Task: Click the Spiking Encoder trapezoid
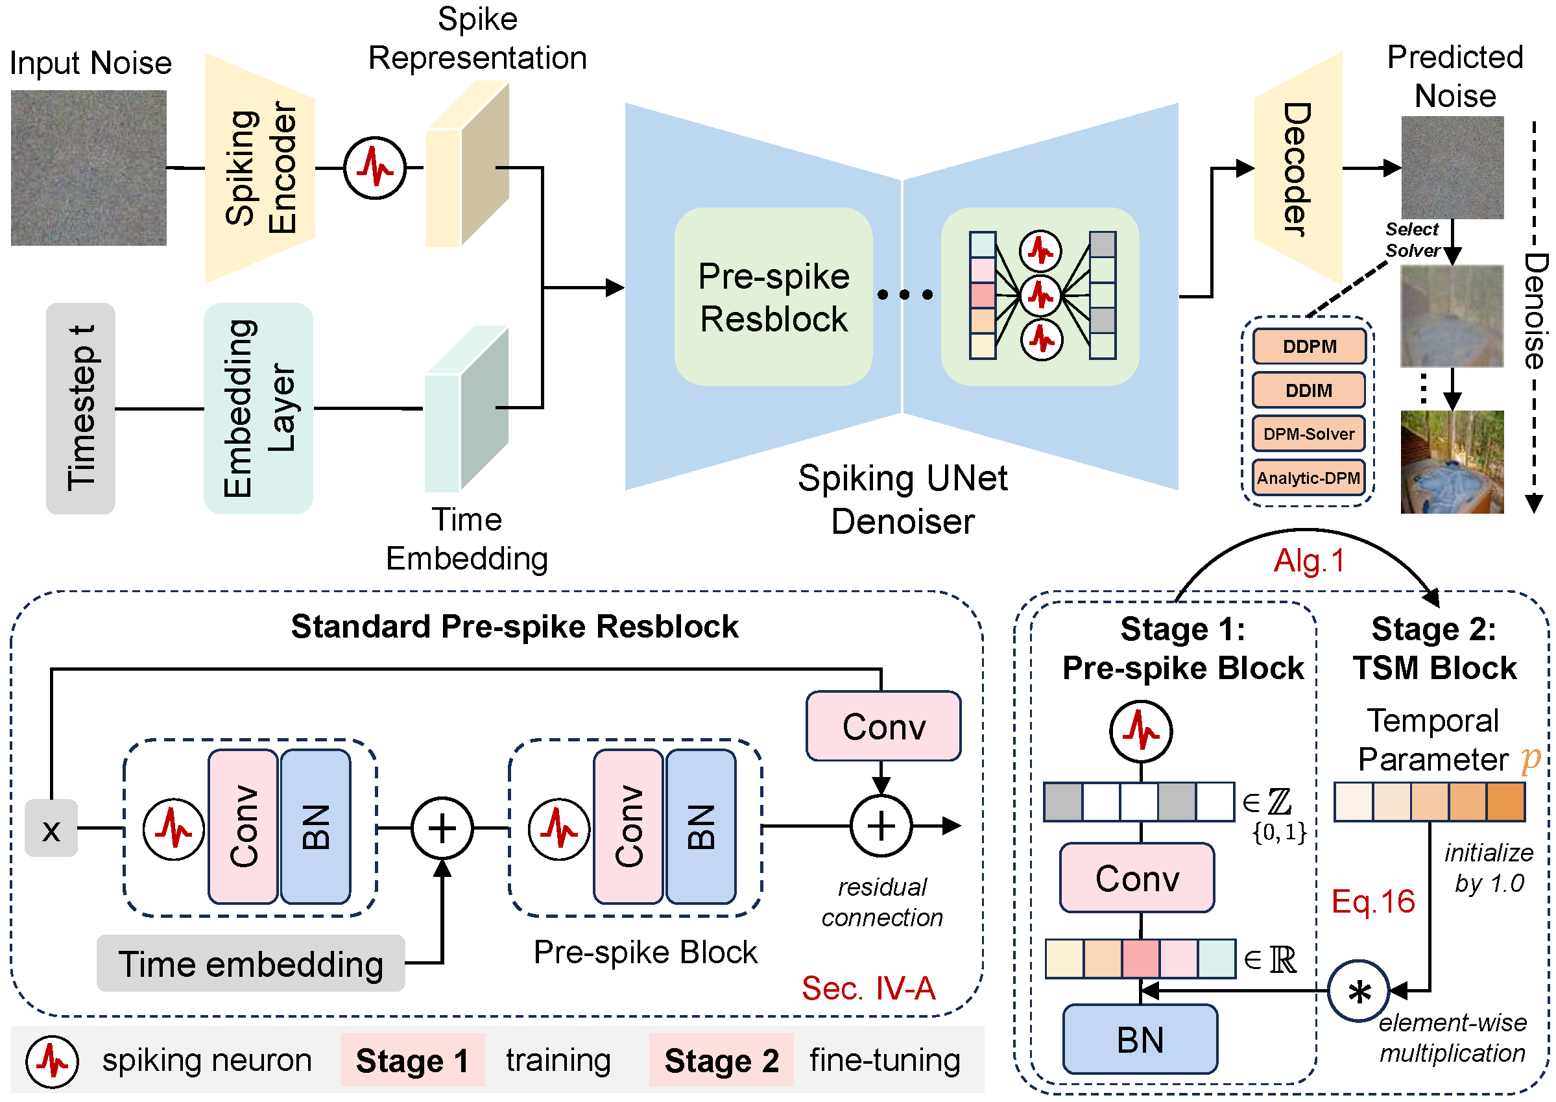260,167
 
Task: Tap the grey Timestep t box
80,408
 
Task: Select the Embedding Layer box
258,408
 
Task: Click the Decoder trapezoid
1297,168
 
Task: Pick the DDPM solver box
1308,347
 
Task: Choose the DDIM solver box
1308,390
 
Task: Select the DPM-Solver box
1308,434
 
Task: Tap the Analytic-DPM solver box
1308,478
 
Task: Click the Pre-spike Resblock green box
773,296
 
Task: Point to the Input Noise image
88,167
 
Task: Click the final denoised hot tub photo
1452,461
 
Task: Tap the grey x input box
51,828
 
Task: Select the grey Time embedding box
250,964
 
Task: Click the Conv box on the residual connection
883,726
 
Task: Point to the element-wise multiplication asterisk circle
1358,990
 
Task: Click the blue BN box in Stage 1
1140,1039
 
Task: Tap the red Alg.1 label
1308,560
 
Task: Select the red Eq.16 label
1373,901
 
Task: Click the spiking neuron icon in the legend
53,1060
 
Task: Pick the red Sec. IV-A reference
868,988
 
